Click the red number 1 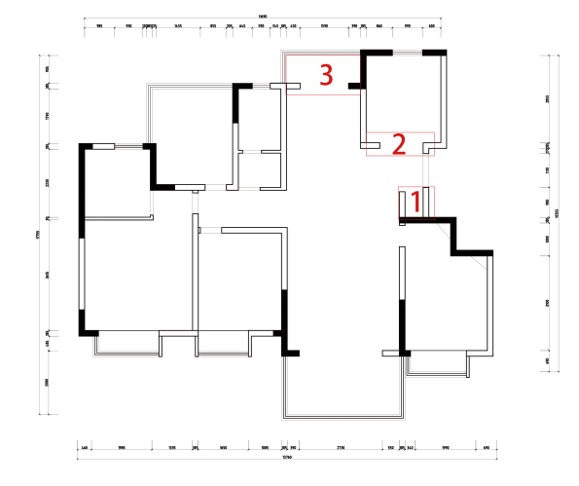[x=416, y=202]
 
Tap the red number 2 [x=398, y=144]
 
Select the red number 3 [x=327, y=73]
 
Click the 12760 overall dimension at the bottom [x=286, y=457]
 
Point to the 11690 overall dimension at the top [x=263, y=16]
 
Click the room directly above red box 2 [x=403, y=93]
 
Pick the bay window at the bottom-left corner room [x=127, y=344]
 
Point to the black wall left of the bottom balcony [x=284, y=321]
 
